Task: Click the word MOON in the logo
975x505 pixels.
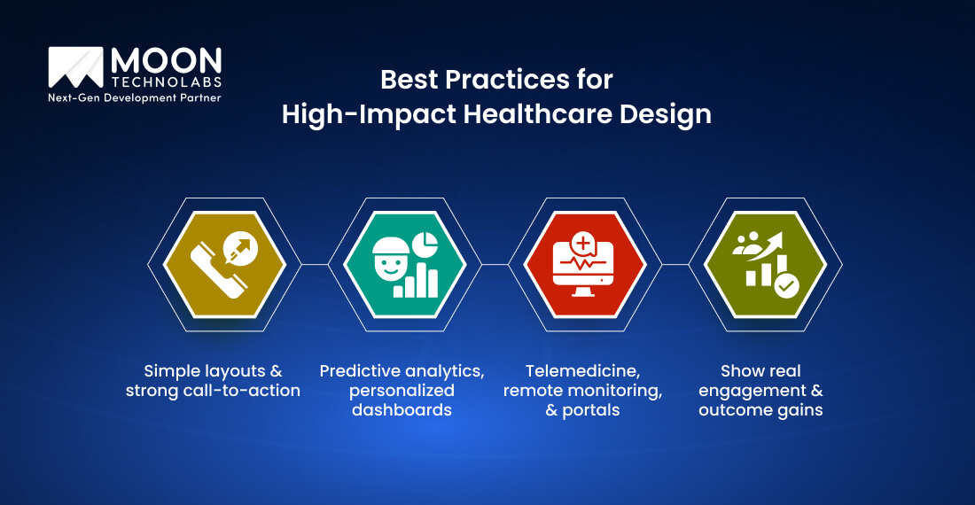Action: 166,61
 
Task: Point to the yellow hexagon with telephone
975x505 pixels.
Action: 224,264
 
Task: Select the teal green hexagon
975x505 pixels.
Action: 404,264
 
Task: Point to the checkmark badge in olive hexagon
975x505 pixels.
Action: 785,285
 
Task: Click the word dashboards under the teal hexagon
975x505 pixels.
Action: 402,410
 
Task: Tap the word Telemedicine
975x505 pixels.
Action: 584,370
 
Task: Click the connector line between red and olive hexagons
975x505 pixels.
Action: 675,264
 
